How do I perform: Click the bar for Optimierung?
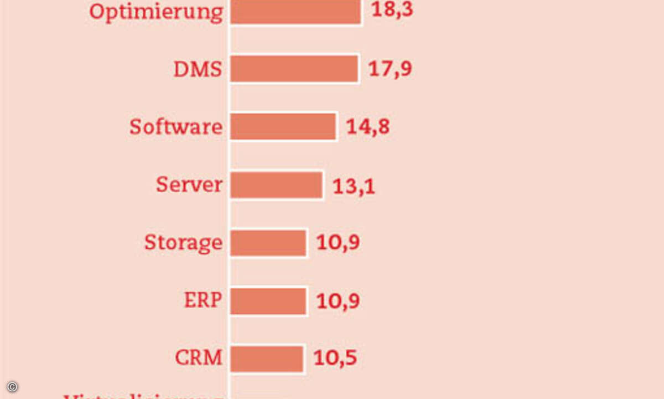(295, 11)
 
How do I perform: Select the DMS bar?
(294, 69)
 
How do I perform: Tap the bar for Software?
(283, 126)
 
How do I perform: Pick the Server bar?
(276, 185)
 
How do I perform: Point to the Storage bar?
(268, 243)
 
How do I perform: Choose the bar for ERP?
(268, 301)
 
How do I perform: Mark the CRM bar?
(267, 359)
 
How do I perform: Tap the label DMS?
(198, 70)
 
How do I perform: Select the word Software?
(176, 127)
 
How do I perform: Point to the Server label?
(189, 185)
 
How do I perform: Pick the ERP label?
(203, 300)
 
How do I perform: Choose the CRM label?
(199, 358)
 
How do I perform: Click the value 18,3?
(392, 10)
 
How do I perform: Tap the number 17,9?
(391, 69)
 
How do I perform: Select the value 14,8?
(368, 127)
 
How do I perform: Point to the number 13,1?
(354, 186)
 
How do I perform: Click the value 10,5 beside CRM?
(335, 358)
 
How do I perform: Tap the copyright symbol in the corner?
(12, 386)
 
